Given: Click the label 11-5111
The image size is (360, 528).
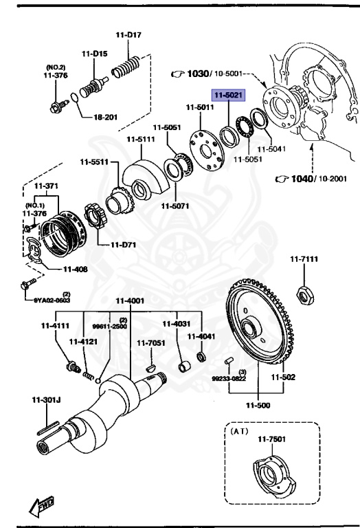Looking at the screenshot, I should point(140,140).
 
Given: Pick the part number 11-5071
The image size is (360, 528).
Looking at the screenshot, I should point(176,204).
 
